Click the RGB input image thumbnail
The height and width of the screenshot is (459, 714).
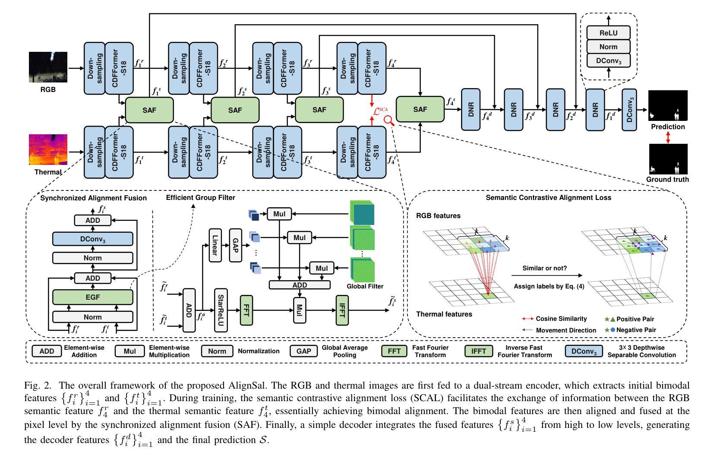coord(48,67)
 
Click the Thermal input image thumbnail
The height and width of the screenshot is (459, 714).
coord(48,149)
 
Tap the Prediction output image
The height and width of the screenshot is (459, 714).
coord(668,105)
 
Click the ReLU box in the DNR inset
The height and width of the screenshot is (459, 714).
coord(608,33)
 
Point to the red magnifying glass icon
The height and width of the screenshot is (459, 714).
coord(389,121)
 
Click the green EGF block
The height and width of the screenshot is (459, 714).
coord(92,297)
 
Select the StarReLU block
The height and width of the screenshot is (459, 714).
coord(221,310)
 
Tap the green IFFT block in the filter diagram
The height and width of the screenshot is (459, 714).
coord(341,310)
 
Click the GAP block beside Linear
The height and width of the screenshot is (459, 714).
coord(235,245)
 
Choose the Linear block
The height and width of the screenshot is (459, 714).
coord(215,245)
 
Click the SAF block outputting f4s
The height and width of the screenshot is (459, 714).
coord(420,109)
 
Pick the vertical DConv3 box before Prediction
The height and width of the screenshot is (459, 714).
coord(629,110)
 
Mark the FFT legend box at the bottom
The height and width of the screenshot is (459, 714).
coord(394,351)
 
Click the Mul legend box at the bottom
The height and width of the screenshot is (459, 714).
coord(130,351)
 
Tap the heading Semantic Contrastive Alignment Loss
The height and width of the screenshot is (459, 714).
coord(548,198)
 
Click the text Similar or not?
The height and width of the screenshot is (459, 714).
coord(544,268)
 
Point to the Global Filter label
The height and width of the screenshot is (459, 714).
coord(365,286)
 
